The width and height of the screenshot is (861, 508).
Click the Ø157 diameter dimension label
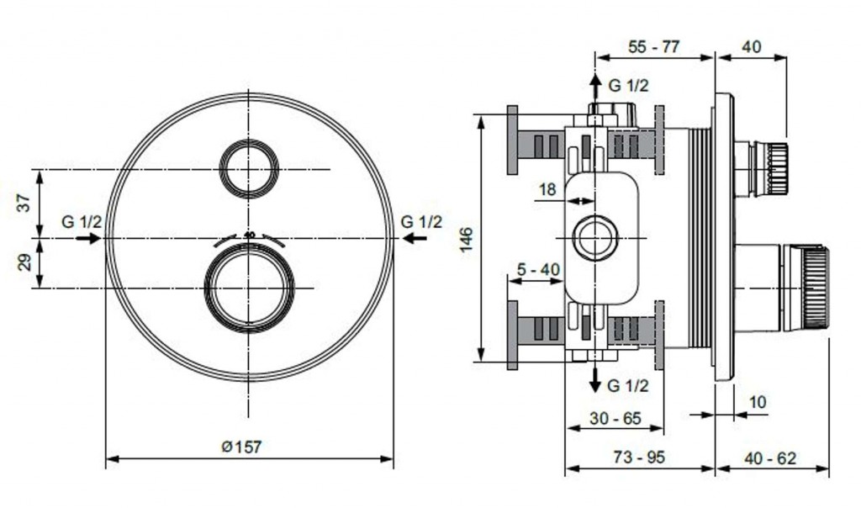[241, 447]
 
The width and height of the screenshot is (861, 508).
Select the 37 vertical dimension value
[24, 203]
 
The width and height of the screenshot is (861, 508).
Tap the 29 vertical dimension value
[24, 262]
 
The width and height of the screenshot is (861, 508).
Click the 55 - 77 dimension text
[654, 47]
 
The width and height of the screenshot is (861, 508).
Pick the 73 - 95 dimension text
[639, 458]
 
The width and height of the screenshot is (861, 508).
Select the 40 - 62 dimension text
[770, 458]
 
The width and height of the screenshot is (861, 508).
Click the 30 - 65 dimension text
[615, 418]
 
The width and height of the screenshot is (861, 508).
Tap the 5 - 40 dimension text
[538, 269]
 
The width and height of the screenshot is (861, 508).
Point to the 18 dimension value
[547, 190]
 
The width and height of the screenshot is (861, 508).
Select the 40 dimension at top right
[751, 47]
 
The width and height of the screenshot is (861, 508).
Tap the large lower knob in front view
[250, 288]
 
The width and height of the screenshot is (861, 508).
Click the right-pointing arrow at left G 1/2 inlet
[87, 239]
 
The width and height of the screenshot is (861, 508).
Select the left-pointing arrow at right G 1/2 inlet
[414, 239]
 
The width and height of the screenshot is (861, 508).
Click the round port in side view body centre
[595, 238]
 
